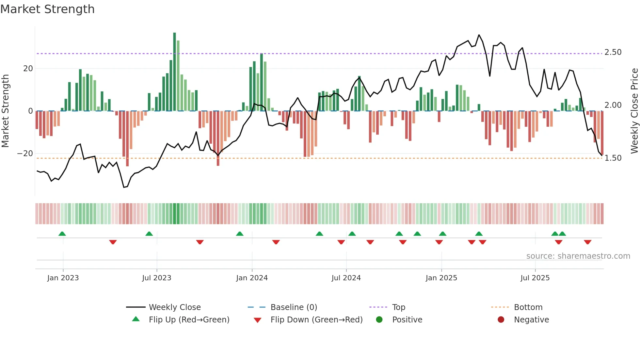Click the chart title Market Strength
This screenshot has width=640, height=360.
coord(47,9)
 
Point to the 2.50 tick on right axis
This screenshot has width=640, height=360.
coord(613,52)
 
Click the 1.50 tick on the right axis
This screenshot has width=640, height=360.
coord(613,158)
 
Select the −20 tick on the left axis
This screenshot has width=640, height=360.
coord(25,154)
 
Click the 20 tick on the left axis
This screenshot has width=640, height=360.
coord(28,69)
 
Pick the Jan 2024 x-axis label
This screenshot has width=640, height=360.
coord(252,278)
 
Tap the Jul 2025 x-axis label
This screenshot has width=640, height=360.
coord(535,278)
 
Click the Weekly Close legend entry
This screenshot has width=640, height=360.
coord(175,307)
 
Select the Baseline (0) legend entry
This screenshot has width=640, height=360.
coord(294,307)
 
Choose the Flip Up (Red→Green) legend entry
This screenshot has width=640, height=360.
coord(189,320)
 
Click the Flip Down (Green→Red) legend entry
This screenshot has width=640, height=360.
coord(316,320)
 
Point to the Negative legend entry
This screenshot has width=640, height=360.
coord(531,320)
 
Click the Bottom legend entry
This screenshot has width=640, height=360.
coord(528,307)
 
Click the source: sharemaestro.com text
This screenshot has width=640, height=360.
coord(578,256)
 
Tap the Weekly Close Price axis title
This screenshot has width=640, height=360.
coord(634,111)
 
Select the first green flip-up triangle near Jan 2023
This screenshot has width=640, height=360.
coord(62,234)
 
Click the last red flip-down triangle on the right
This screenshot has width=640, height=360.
coord(587,242)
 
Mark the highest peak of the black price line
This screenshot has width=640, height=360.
coord(479,35)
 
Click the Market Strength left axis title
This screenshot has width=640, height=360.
coord(6,111)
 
